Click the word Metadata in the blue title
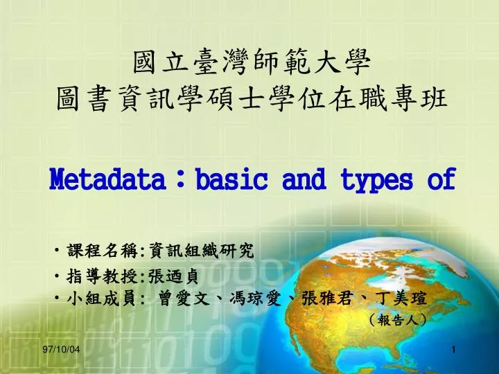(107, 179)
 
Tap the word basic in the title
(231, 179)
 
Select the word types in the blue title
(376, 179)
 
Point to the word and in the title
(304, 179)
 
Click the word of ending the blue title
(441, 179)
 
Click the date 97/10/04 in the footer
(62, 350)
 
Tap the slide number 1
(453, 350)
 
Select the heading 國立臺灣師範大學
(252, 62)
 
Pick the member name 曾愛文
(184, 299)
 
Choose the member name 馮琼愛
(256, 299)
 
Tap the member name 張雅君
(328, 299)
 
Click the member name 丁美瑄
(401, 299)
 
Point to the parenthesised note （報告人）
(398, 320)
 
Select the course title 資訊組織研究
(202, 251)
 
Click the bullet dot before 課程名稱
(57, 250)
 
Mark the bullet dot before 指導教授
(57, 276)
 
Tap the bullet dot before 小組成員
(57, 298)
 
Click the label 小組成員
(102, 299)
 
